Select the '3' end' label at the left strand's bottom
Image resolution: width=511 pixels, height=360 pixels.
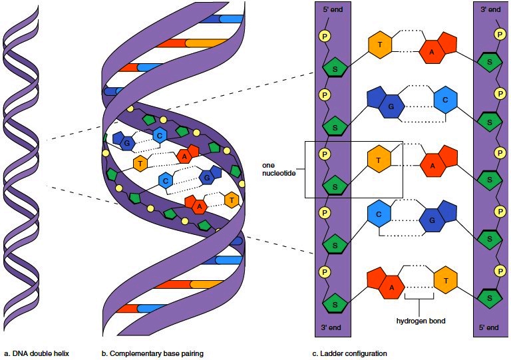click(x=332, y=327)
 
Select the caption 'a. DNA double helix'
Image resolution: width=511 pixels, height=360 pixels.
click(x=37, y=353)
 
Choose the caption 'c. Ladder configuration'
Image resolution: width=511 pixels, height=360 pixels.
click(x=349, y=353)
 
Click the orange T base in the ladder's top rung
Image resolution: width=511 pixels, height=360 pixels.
click(x=380, y=45)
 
